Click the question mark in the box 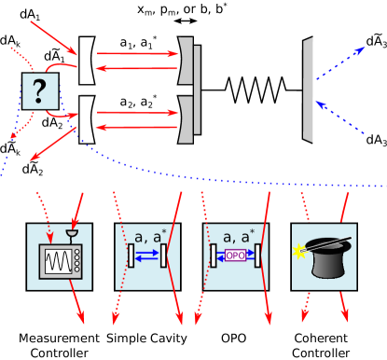coord(39,91)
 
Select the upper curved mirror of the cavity coord(187,62)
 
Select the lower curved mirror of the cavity coord(187,119)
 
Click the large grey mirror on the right coord(308,90)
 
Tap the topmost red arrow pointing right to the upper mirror coord(136,54)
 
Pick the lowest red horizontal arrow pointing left coord(136,127)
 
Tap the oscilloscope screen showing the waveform coord(55,261)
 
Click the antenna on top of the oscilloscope coord(71,234)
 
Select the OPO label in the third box coord(235,256)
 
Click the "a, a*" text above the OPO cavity coord(237,237)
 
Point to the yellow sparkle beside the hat coord(300,251)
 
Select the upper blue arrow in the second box coord(147,250)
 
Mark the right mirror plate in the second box coord(163,256)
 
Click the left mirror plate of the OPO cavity coord(214,256)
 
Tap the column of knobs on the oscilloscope coord(76,261)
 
